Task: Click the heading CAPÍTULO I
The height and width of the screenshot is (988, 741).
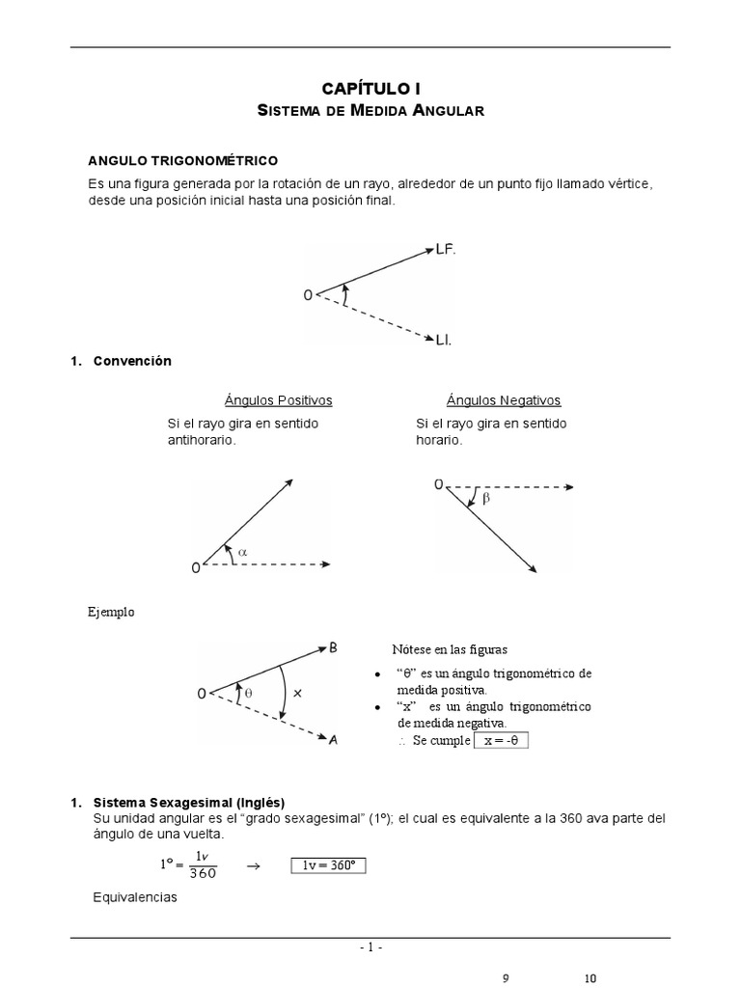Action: (371, 88)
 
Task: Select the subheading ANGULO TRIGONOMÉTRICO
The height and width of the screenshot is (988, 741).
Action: (183, 159)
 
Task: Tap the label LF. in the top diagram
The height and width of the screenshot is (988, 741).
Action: (445, 249)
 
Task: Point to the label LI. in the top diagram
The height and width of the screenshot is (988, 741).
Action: (444, 340)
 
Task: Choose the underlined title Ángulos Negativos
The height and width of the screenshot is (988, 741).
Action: (503, 400)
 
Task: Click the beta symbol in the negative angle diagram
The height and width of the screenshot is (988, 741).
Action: (485, 499)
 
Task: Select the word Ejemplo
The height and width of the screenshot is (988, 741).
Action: (112, 612)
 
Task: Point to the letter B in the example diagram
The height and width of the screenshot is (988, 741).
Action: (333, 648)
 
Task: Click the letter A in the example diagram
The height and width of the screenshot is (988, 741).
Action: (333, 740)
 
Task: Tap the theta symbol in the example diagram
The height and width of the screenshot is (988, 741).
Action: (247, 693)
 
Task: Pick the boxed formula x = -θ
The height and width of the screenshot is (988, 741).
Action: (502, 740)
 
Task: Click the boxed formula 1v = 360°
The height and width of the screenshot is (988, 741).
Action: (328, 865)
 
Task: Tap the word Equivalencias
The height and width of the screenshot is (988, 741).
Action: (135, 897)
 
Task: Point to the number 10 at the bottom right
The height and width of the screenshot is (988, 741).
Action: (590, 978)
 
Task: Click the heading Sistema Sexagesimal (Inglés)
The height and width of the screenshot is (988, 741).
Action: (188, 802)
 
